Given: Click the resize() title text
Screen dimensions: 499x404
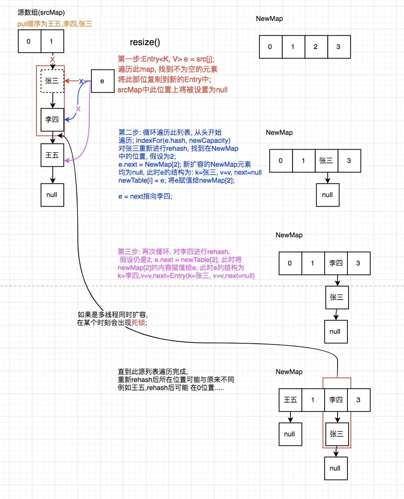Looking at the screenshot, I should pos(145,42).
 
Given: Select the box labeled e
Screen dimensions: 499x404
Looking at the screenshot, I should pos(103,81).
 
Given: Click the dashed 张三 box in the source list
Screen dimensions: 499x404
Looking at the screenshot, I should pos(52,81).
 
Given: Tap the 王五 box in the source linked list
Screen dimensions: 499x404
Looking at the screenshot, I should pos(52,155).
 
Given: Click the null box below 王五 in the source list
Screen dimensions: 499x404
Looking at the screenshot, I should pos(52,195).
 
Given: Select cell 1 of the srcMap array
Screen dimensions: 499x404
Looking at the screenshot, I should pos(52,41).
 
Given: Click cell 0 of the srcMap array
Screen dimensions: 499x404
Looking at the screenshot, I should pos(29,41).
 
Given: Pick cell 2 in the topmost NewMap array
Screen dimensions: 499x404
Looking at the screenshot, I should pos(316,47).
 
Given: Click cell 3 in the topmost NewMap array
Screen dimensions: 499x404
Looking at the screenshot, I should pos(339,47).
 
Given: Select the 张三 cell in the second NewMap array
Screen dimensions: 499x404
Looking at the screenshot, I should pos(326,161).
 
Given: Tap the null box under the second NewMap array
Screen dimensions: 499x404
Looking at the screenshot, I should pos(328,195).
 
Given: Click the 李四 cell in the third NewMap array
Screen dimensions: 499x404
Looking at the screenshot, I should pos(336,263).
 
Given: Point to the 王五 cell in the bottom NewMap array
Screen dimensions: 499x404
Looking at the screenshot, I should pos(290,400).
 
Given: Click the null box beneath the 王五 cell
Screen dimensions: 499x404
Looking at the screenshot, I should pos(290,434).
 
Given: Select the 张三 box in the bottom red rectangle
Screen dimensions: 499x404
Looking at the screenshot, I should pos(337,434).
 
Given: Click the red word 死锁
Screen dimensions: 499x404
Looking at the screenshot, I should pos(138,323).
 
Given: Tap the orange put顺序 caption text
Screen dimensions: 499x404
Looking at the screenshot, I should pos(55,24).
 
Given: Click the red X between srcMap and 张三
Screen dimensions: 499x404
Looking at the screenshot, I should pos(52,60).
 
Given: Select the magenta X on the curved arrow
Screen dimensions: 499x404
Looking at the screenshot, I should pos(78,109).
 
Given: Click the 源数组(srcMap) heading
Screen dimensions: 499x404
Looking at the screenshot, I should pos(41,13).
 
